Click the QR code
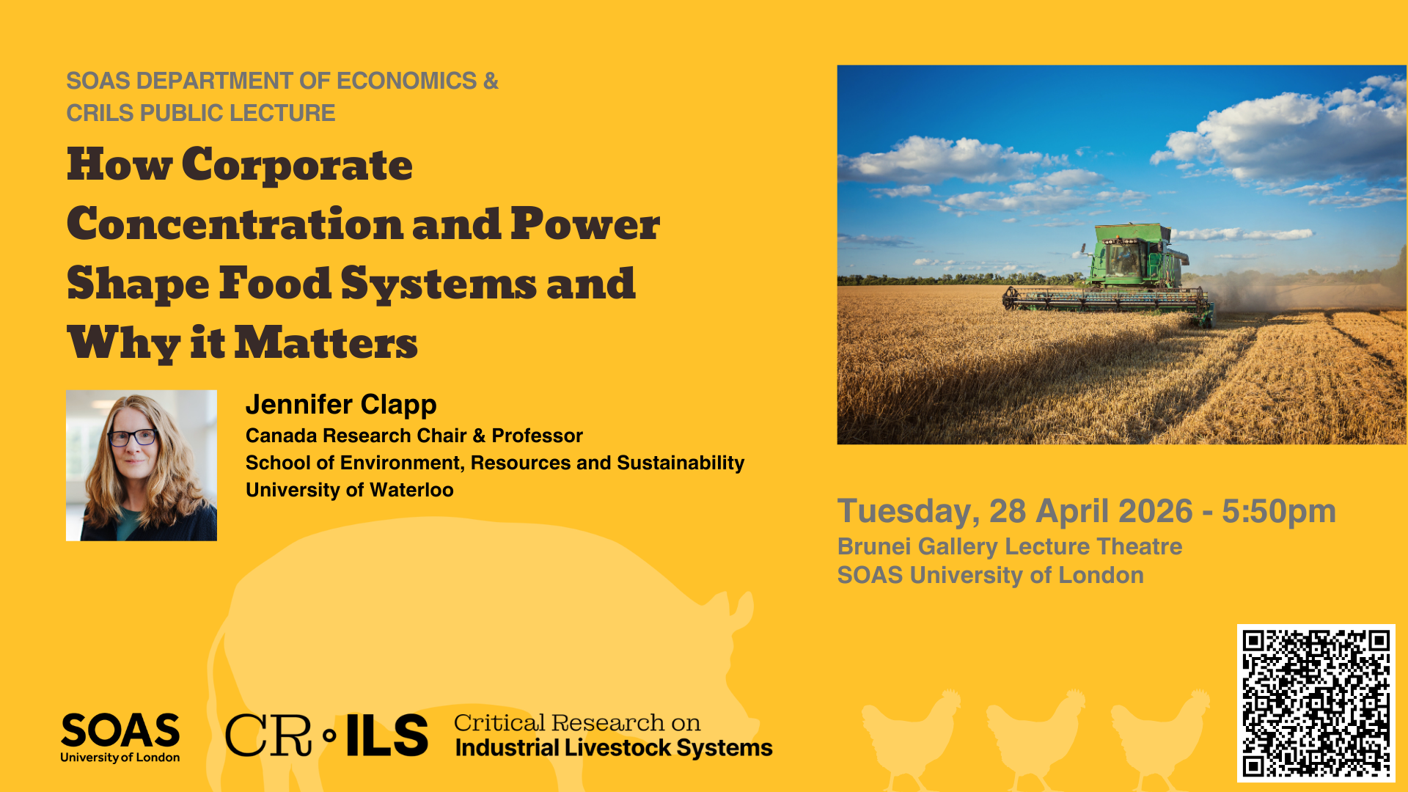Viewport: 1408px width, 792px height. (1316, 703)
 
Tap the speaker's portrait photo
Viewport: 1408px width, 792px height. (142, 466)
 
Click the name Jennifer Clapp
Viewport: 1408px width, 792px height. (341, 404)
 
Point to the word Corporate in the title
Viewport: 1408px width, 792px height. (297, 165)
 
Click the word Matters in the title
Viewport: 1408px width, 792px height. (326, 343)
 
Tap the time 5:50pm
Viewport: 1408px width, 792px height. (1278, 511)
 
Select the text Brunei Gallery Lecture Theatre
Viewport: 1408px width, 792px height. (1009, 546)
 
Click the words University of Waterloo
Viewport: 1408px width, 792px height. (349, 490)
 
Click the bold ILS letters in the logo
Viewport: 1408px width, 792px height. (386, 736)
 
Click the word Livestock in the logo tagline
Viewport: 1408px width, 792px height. (618, 748)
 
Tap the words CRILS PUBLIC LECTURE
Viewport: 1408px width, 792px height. (200, 113)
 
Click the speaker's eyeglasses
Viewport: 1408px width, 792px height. (133, 438)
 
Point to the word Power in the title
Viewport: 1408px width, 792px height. (584, 224)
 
